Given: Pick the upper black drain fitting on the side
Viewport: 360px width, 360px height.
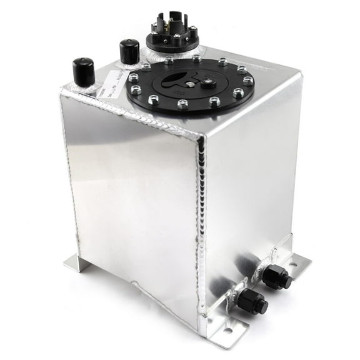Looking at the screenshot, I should coord(275,276).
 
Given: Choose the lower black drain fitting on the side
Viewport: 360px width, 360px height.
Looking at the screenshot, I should coord(251,302).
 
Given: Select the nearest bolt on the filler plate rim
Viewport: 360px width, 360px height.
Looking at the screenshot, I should coord(182,104).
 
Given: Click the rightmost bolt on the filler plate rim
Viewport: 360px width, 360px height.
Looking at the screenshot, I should coord(248,81).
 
